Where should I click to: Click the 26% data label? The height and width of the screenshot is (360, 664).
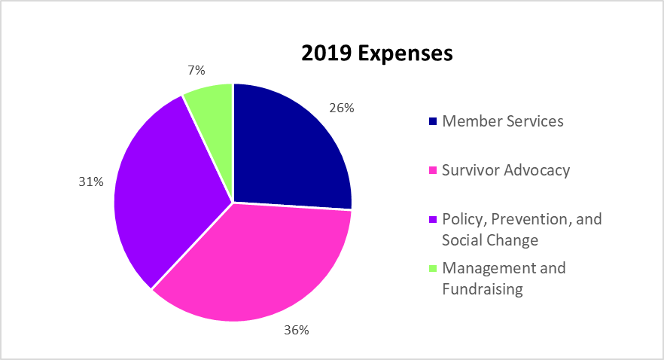pyautogui.click(x=342, y=108)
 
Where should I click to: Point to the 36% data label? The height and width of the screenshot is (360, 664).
pyautogui.click(x=296, y=330)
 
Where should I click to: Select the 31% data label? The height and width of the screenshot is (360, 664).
pyautogui.click(x=90, y=182)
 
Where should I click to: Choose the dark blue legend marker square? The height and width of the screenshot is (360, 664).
pyautogui.click(x=432, y=121)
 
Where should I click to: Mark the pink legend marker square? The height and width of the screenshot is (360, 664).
pyautogui.click(x=432, y=171)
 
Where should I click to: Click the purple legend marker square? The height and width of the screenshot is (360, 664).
pyautogui.click(x=432, y=220)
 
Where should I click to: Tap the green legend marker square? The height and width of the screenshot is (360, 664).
pyautogui.click(x=432, y=269)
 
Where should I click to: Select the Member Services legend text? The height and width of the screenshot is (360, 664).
pyautogui.click(x=503, y=121)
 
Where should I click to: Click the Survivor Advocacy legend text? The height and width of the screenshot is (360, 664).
pyautogui.click(x=506, y=170)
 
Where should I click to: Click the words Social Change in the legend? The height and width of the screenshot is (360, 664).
pyautogui.click(x=490, y=240)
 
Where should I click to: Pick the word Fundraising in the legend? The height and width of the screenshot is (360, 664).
pyautogui.click(x=482, y=289)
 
